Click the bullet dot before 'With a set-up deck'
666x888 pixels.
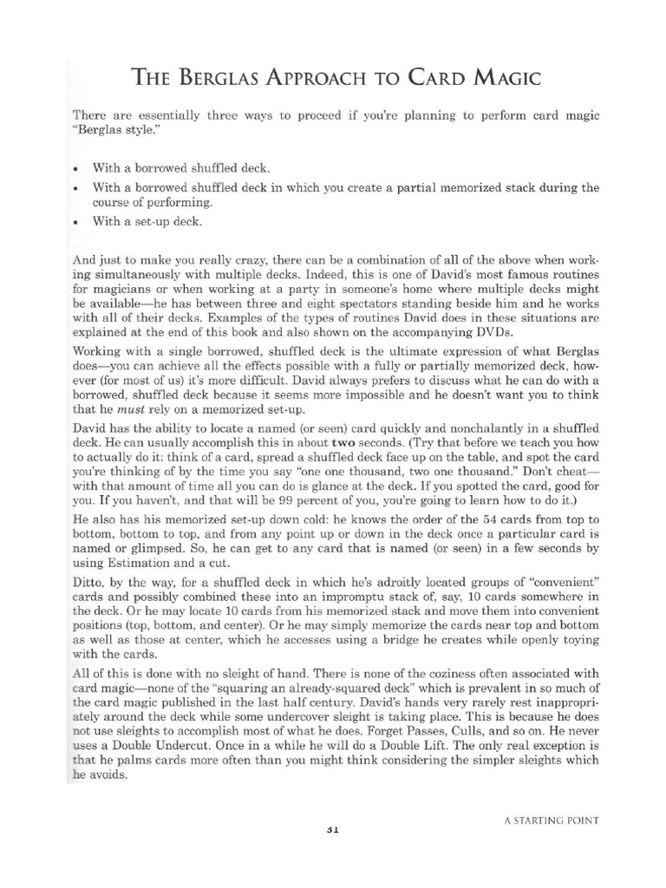[x=77, y=220]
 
